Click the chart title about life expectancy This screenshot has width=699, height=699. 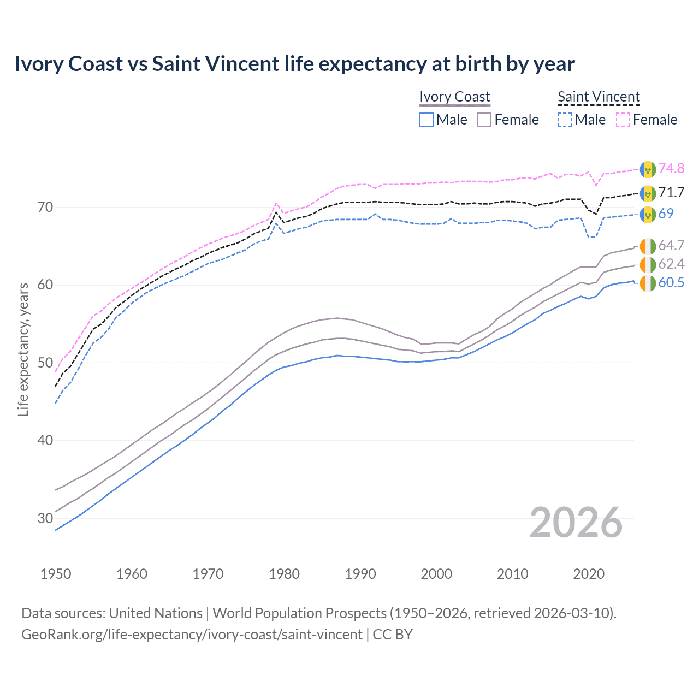[294, 64]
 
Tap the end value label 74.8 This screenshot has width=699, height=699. [671, 168]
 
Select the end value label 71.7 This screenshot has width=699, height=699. [671, 192]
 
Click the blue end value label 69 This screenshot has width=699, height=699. [666, 214]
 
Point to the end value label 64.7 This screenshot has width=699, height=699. [671, 245]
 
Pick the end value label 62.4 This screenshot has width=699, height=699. [671, 264]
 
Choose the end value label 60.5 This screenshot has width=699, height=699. [671, 282]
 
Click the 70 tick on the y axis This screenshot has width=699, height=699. [45, 207]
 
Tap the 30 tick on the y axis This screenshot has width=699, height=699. [45, 518]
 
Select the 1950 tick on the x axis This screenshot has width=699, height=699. [56, 574]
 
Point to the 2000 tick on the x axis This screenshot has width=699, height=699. [436, 574]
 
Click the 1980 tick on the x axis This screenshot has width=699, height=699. [284, 574]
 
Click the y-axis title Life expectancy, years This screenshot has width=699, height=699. [23, 349]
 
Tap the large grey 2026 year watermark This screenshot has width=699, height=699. [576, 523]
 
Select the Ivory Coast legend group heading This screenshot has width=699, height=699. [455, 97]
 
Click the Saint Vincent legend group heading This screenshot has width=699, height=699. [599, 97]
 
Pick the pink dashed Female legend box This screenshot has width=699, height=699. [623, 120]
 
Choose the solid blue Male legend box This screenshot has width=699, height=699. [426, 120]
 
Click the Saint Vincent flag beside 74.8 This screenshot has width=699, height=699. [648, 169]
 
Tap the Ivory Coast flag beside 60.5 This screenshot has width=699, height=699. [648, 283]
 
